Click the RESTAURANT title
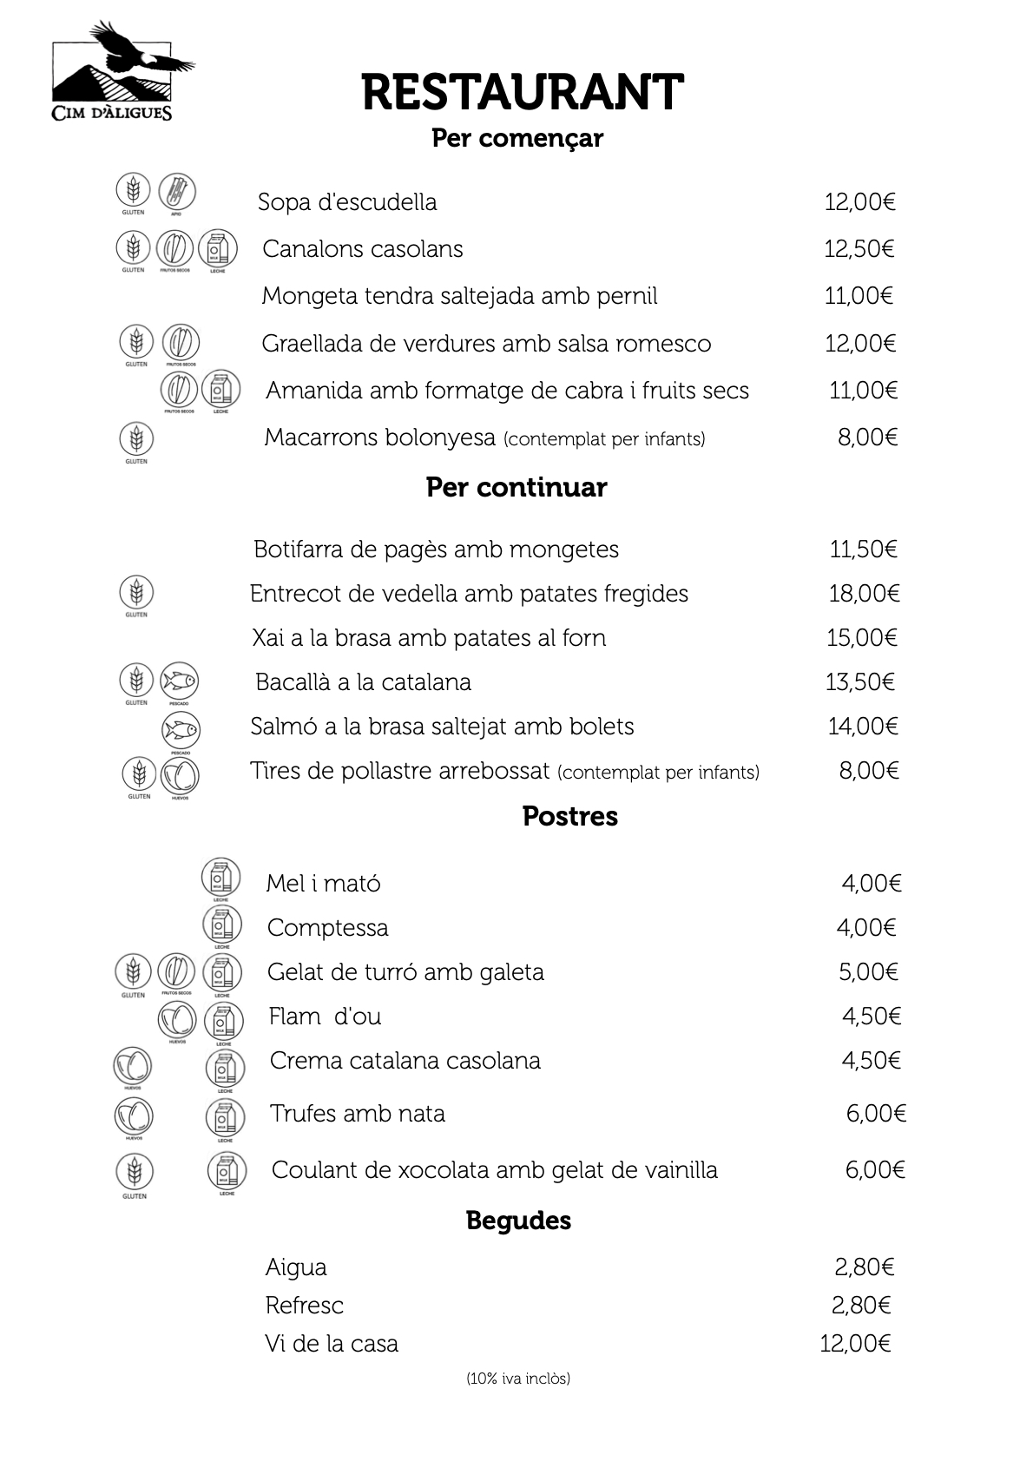[x=522, y=92]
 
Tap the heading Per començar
[x=516, y=138]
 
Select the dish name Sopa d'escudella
[x=347, y=202]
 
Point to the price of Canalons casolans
[x=859, y=249]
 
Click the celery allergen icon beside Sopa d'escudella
[x=177, y=192]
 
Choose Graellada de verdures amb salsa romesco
[x=486, y=344]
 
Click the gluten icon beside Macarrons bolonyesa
[x=135, y=439]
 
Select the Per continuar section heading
[x=516, y=487]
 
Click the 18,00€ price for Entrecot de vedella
[x=864, y=594]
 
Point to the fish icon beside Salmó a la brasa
[x=181, y=730]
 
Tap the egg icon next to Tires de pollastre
[x=180, y=774]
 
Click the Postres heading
[x=569, y=816]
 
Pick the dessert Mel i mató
[x=323, y=884]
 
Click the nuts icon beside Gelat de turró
[x=176, y=972]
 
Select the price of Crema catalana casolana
[x=871, y=1061]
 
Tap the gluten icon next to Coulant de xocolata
[x=135, y=1172]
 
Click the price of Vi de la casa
[x=855, y=1344]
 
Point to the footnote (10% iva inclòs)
[x=518, y=1379]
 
